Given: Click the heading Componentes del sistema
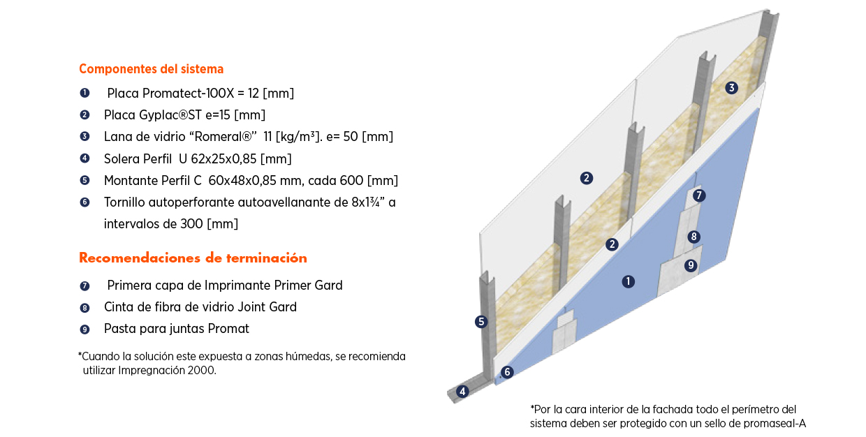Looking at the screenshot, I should tap(151, 69).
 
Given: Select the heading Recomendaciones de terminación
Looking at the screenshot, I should tap(193, 258).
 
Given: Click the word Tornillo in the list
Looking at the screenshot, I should tap(126, 202).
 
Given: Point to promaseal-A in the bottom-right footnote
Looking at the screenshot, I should tap(776, 423).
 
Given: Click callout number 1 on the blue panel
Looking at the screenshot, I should tap(629, 281).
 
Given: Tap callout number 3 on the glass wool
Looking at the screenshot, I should tap(731, 88).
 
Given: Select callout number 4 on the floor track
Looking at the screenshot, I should tap(462, 392).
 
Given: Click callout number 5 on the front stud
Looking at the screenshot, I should tap(480, 322).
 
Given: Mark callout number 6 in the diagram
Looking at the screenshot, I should tap(508, 373).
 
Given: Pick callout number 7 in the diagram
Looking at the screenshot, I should tap(699, 195).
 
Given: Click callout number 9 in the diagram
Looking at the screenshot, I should tap(691, 265).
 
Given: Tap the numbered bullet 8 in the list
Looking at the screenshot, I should tap(85, 308).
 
